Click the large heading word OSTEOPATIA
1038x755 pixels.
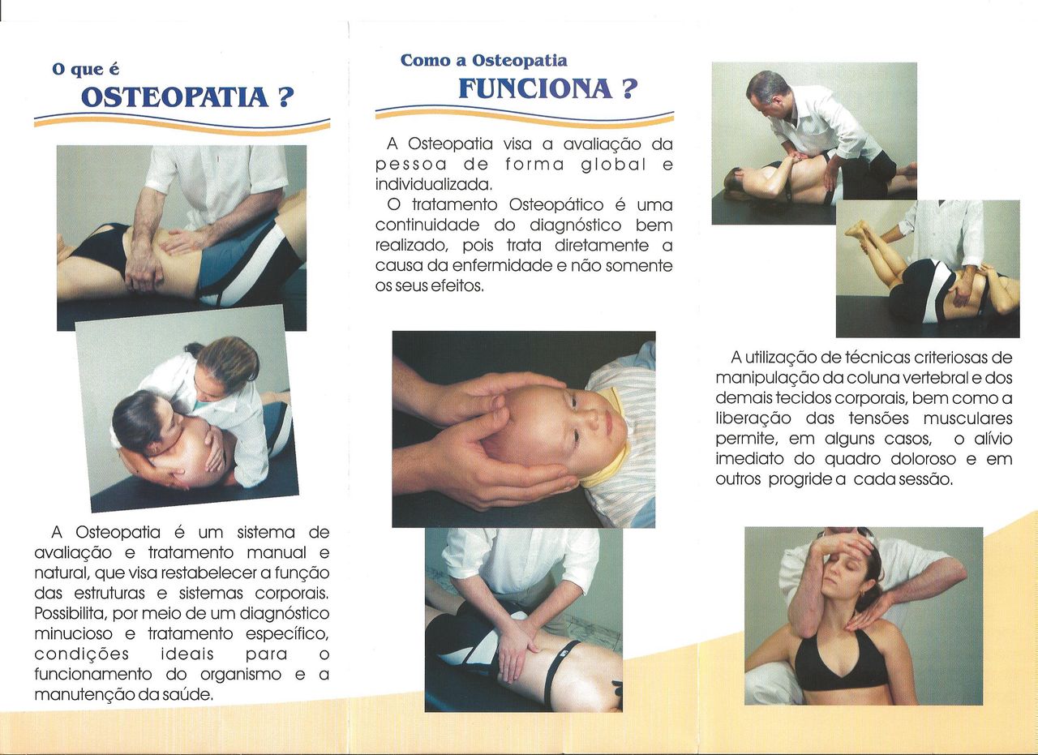click(x=174, y=98)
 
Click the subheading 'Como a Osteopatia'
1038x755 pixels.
click(x=483, y=61)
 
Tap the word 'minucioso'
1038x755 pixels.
click(x=74, y=633)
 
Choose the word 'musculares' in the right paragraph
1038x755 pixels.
click(x=968, y=418)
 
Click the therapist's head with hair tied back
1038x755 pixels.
click(x=228, y=366)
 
